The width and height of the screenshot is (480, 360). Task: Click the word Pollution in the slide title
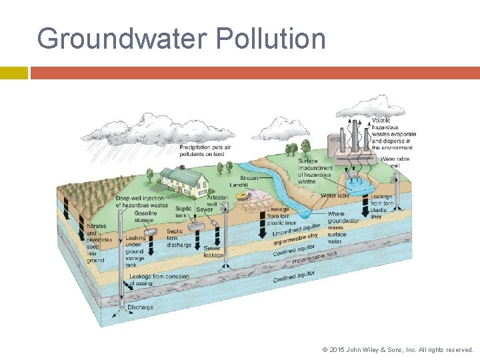pyautogui.click(x=271, y=39)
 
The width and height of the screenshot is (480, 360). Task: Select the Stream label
pyautogui.click(x=249, y=178)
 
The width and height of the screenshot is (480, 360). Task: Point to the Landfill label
pyautogui.click(x=238, y=185)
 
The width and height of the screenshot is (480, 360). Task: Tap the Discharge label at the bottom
pyautogui.click(x=140, y=307)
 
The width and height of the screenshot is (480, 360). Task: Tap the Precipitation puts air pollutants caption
pyautogui.click(x=205, y=151)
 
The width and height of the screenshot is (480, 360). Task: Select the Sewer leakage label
pyautogui.click(x=213, y=251)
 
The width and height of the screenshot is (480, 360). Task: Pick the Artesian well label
pyautogui.click(x=217, y=202)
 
